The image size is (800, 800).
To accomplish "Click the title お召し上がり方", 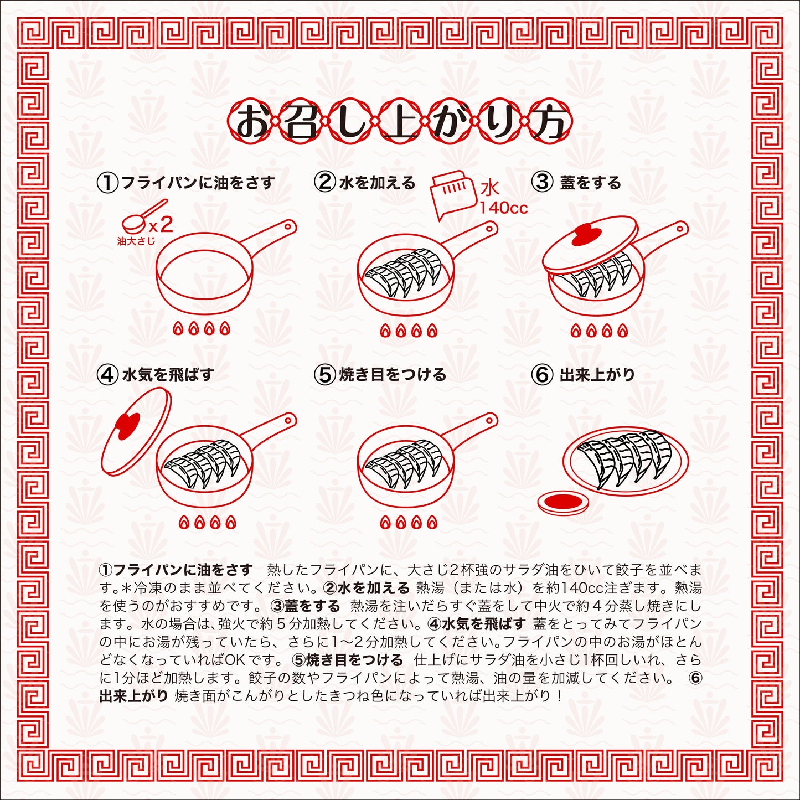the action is pyautogui.click(x=400, y=122).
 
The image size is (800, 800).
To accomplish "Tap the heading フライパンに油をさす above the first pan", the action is pyautogui.click(x=198, y=183).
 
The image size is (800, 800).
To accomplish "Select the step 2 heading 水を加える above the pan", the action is pyautogui.click(x=377, y=183).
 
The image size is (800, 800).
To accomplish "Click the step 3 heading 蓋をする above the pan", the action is pyautogui.click(x=590, y=183).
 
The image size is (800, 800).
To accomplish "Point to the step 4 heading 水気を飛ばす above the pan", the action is pyautogui.click(x=168, y=375).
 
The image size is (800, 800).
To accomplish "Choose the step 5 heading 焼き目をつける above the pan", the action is pyautogui.click(x=393, y=375).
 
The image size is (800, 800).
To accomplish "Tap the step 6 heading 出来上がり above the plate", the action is pyautogui.click(x=597, y=375).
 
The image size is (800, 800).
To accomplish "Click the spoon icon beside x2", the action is pyautogui.click(x=143, y=216).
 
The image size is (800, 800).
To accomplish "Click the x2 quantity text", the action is pyautogui.click(x=160, y=225).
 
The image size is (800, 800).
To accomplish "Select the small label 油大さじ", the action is pyautogui.click(x=136, y=241).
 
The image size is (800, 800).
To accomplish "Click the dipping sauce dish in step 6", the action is pyautogui.click(x=564, y=503).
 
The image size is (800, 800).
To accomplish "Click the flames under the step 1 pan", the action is pyautogui.click(x=201, y=329).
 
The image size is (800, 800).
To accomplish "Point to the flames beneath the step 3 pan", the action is pyautogui.click(x=598, y=331).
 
